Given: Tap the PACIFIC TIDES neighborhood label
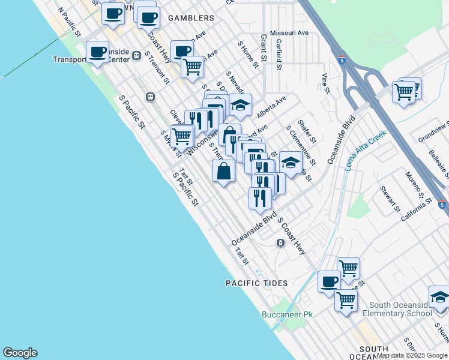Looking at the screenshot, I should [257, 283].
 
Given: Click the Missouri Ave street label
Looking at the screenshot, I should [289, 32].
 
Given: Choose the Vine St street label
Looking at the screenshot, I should [326, 83].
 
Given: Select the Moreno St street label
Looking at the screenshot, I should [414, 185].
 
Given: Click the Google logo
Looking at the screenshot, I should [20, 353].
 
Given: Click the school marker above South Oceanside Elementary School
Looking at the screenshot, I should [439, 296].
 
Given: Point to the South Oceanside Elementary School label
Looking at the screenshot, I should [400, 310].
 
